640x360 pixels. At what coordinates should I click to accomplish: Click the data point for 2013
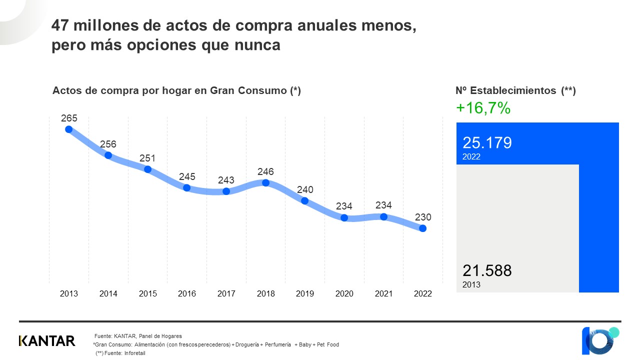point(69,129)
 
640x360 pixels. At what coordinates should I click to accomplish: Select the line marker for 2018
point(265,182)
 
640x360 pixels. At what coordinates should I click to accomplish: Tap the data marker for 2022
point(422,228)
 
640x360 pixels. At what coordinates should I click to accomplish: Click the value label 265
point(69,118)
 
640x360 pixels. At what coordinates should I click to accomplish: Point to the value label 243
point(226,180)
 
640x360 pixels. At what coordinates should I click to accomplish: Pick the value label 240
point(304,190)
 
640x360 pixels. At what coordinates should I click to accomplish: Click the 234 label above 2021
point(383,205)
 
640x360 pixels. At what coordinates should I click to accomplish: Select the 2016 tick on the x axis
point(187,294)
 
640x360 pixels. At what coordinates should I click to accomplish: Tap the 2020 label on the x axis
point(344,294)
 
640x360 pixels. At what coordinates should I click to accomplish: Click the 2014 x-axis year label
point(108,294)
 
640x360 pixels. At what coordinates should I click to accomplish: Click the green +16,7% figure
point(483,108)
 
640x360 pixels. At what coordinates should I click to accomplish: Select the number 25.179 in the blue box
point(487,143)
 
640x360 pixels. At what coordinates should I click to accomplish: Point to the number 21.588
point(487,271)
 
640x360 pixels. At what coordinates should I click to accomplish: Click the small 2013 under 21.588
point(471,285)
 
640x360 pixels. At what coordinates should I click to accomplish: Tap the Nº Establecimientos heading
point(515,91)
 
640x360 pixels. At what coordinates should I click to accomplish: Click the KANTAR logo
point(47,341)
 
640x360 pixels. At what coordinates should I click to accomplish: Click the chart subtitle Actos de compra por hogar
point(176,91)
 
